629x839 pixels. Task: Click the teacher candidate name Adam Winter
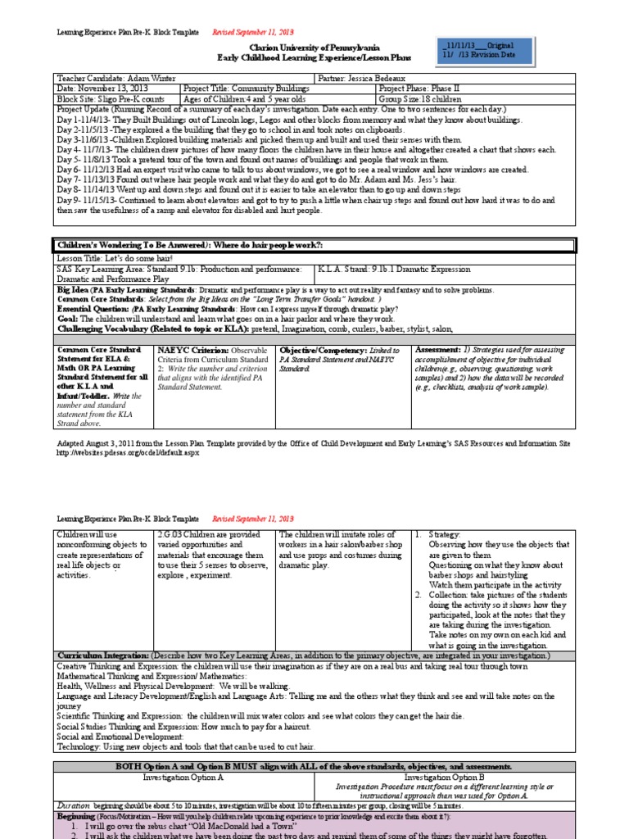tap(152, 77)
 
